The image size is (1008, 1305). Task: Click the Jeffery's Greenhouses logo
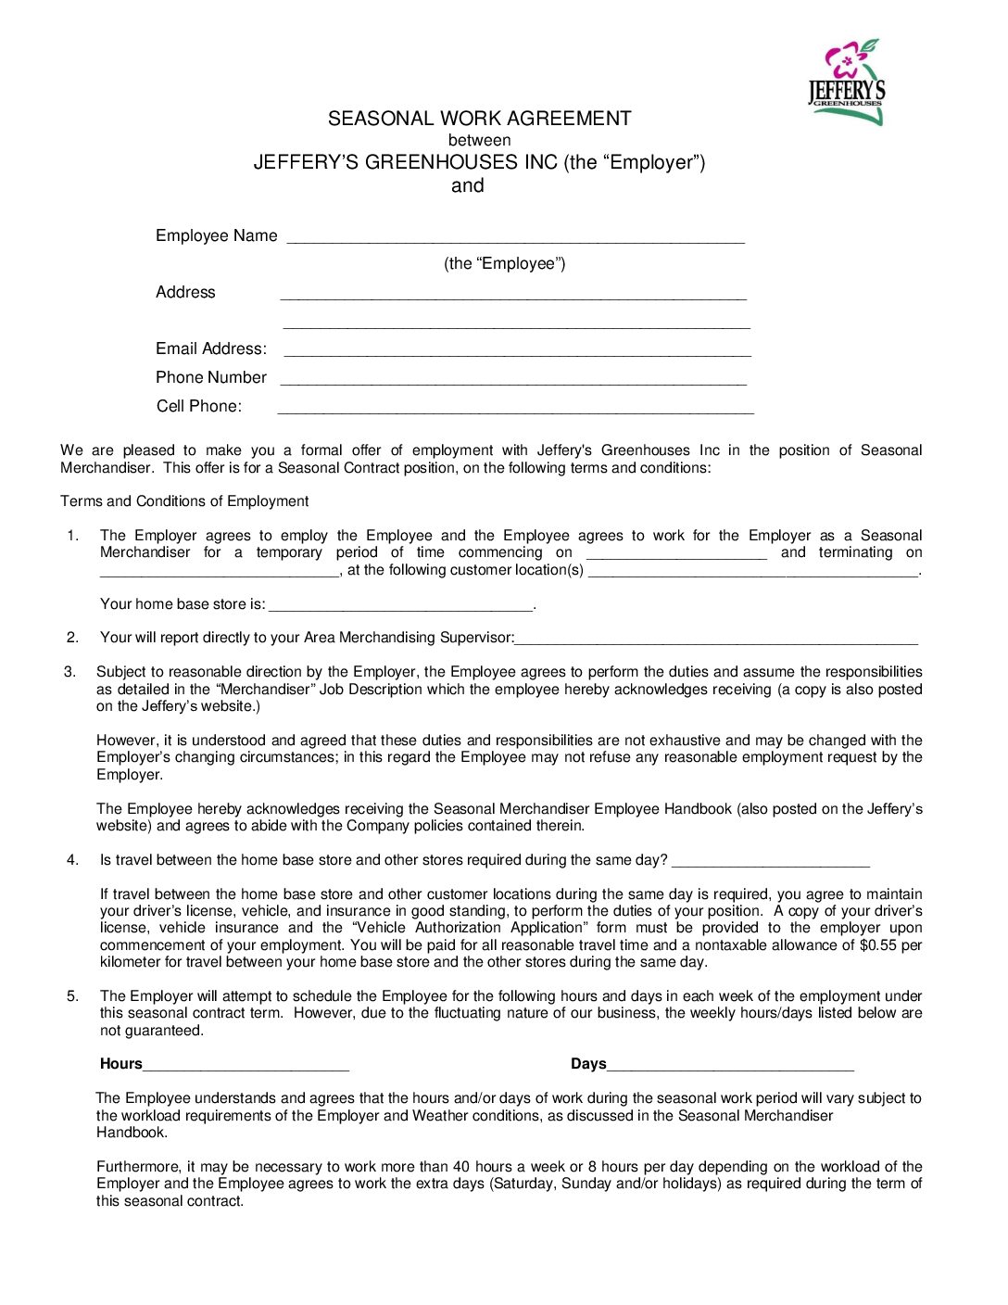click(x=846, y=82)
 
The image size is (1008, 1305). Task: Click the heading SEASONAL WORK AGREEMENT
click(x=479, y=119)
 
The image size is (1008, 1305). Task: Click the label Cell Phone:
click(x=198, y=406)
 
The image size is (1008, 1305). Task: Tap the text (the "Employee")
click(x=504, y=263)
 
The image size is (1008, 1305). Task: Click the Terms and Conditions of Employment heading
click(x=184, y=501)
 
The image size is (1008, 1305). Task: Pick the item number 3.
click(x=69, y=672)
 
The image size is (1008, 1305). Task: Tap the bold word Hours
click(x=121, y=1064)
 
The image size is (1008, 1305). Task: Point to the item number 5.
click(x=72, y=996)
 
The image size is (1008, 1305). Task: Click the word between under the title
click(x=479, y=141)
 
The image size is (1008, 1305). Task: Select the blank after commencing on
click(x=676, y=555)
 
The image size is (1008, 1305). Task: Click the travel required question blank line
click(x=770, y=863)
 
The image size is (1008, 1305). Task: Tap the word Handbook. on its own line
click(x=132, y=1133)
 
